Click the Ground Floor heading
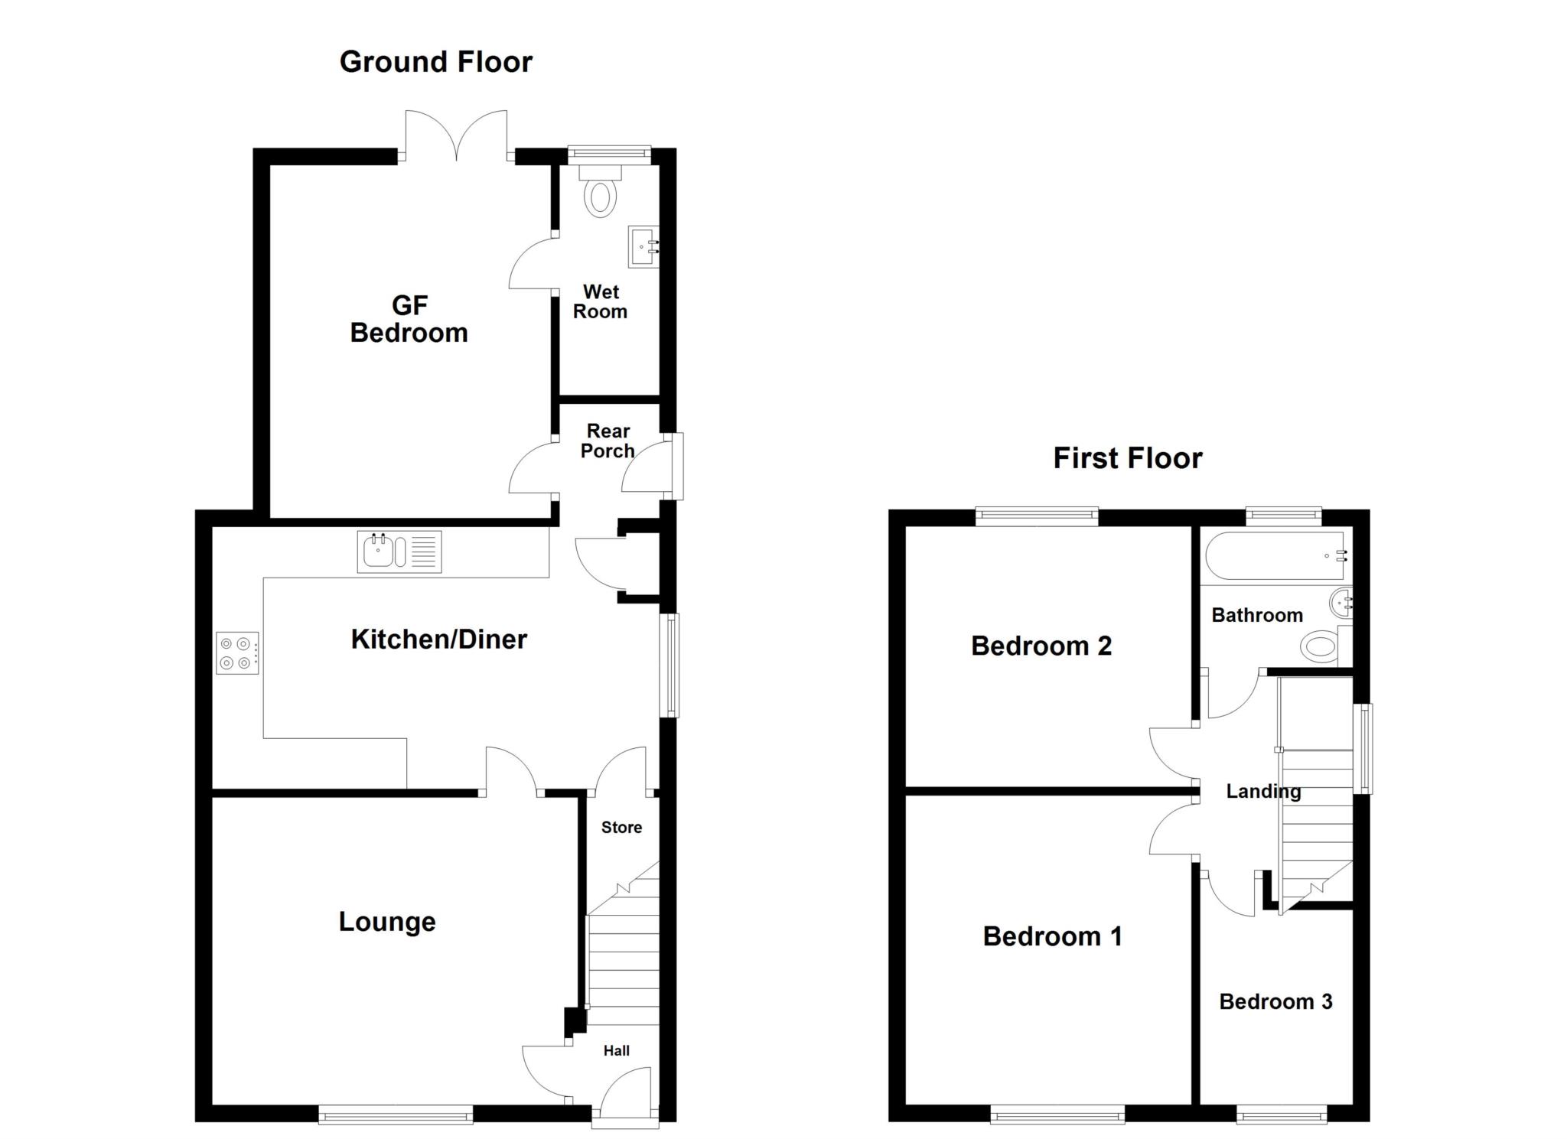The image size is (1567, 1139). [435, 62]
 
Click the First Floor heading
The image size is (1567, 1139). [1128, 458]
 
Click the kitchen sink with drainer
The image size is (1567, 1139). [399, 552]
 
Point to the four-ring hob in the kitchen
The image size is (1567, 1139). [238, 652]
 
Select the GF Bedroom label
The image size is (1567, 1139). [409, 319]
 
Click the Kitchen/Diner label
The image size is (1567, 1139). [439, 639]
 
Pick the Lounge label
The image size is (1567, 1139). [387, 923]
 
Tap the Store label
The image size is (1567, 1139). [621, 827]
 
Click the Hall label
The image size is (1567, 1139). [617, 1051]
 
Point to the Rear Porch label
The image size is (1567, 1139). [608, 441]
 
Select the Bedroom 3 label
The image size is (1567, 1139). [1275, 1001]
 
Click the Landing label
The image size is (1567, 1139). [1263, 792]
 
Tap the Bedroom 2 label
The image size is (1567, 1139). [1041, 646]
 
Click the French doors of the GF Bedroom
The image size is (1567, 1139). [456, 136]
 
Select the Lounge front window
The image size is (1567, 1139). [396, 1118]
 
